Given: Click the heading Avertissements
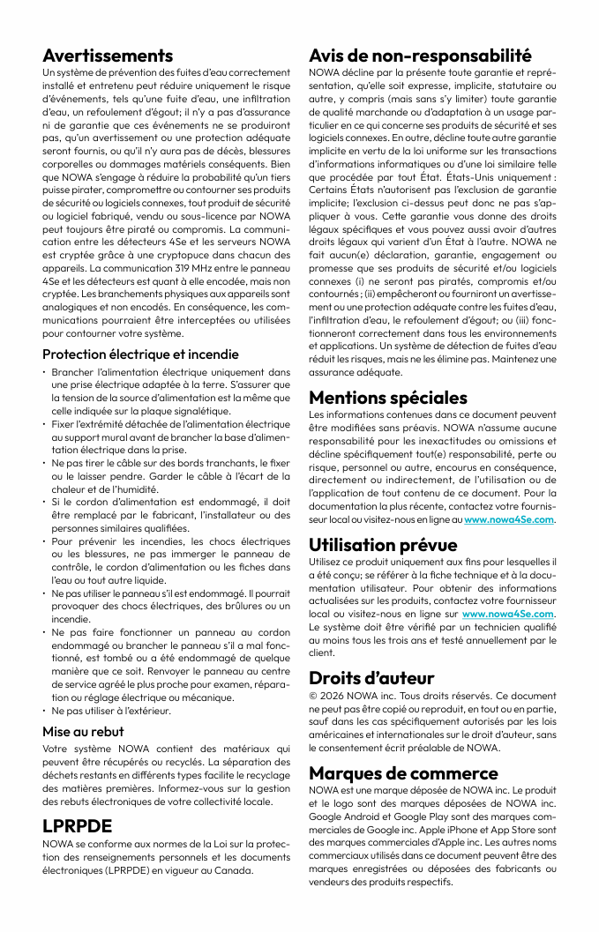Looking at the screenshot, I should (108, 56).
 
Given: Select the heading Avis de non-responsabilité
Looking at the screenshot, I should (420, 56).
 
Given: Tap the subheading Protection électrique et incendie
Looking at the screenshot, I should (140, 354).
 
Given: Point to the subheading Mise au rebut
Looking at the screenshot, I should (83, 731).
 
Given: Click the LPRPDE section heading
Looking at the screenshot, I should (78, 826).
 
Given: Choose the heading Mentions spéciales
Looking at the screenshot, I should (388, 398).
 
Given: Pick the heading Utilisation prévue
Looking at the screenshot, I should (383, 545).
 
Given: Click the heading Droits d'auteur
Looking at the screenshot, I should (371, 678).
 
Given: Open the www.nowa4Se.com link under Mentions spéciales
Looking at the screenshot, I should (509, 520).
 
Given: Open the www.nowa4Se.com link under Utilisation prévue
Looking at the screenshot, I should (508, 614).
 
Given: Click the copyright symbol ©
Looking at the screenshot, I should (313, 696).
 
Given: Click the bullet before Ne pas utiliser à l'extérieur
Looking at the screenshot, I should (45, 711).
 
